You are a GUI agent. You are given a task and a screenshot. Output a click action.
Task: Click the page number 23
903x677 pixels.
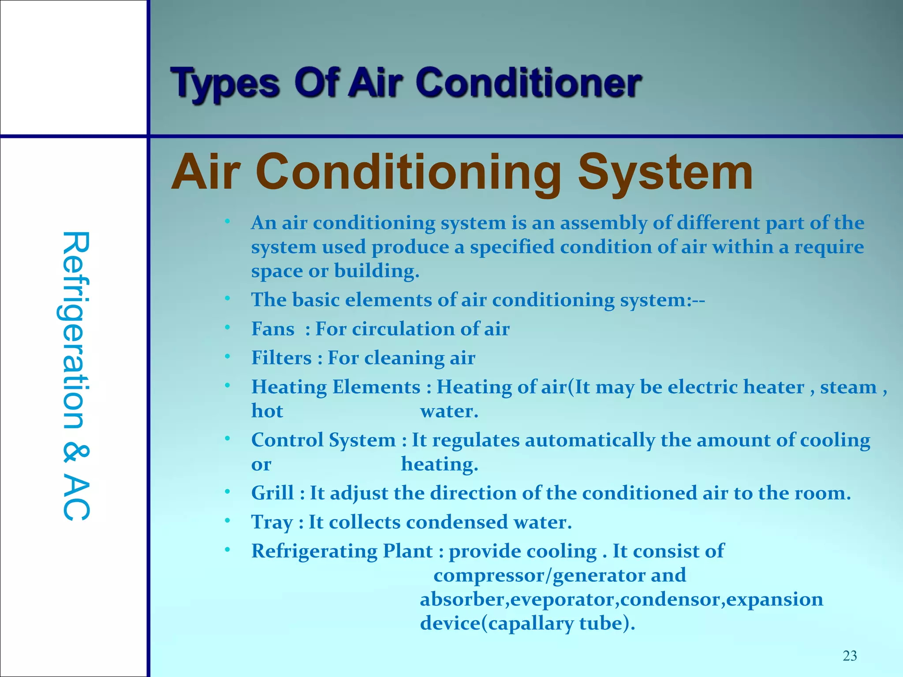pyautogui.click(x=850, y=656)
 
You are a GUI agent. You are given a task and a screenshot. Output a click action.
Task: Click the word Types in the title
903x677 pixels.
pyautogui.click(x=225, y=84)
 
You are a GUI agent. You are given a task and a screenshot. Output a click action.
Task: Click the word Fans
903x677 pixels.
pyautogui.click(x=272, y=329)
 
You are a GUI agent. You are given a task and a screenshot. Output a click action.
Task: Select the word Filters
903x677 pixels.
pyautogui.click(x=281, y=358)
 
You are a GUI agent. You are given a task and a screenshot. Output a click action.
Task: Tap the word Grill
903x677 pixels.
pyautogui.click(x=272, y=493)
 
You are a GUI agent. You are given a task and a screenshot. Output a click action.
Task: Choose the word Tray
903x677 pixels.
pyautogui.click(x=272, y=522)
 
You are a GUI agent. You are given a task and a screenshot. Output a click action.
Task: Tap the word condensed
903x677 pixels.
pyautogui.click(x=457, y=522)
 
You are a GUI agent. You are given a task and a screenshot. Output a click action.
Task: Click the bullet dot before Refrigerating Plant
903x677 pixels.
pyautogui.click(x=227, y=550)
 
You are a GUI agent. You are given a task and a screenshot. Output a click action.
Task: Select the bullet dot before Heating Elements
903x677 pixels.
pyautogui.click(x=227, y=386)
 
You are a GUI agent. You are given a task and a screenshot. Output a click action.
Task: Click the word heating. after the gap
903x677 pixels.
pyautogui.click(x=439, y=464)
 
